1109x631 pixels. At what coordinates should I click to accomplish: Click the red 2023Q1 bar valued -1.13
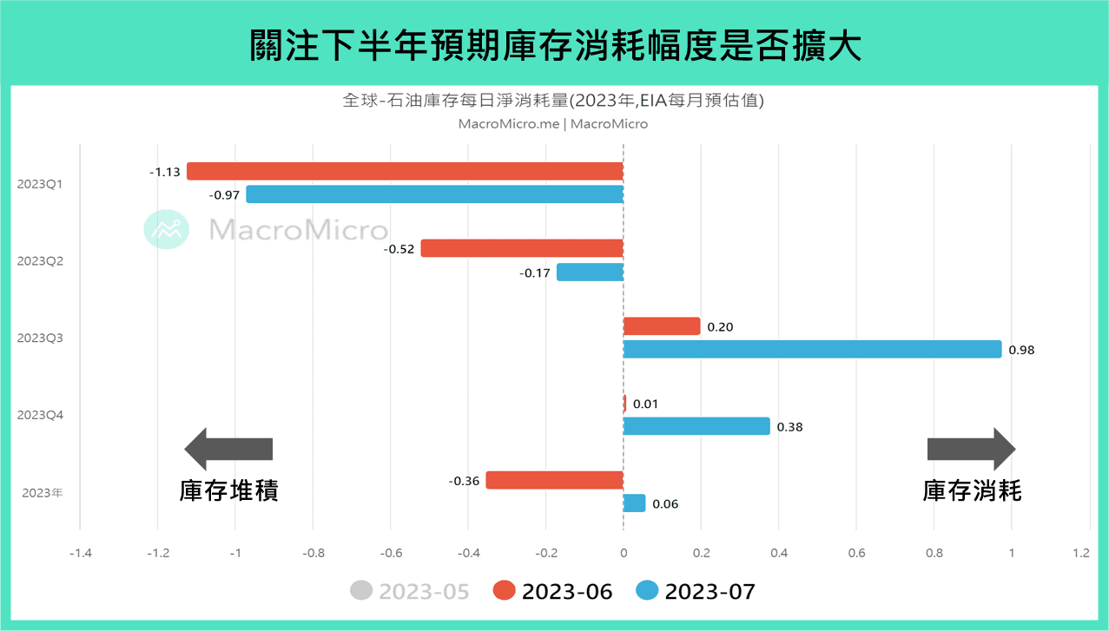coord(405,171)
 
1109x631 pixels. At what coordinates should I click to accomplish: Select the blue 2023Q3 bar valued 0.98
coord(812,350)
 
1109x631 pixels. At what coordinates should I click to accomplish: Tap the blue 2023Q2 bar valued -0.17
coord(590,273)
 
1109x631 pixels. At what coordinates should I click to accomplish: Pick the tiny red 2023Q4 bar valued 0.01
coord(624,404)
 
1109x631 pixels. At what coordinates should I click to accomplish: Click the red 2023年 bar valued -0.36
coord(554,480)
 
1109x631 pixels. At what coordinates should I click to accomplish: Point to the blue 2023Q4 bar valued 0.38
coord(696,426)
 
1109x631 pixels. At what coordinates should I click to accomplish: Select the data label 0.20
coord(720,327)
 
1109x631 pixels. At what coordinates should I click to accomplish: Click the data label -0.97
coord(224,194)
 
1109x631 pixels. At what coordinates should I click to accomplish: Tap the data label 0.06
coord(665,504)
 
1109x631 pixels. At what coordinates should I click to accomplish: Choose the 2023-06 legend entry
coord(553,592)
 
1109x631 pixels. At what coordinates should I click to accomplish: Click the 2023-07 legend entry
coord(696,592)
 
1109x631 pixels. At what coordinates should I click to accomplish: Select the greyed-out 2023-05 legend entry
coord(410,592)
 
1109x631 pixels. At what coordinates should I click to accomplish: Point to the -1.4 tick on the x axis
coord(80,552)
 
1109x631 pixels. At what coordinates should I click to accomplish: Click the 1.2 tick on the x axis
coord(1080,552)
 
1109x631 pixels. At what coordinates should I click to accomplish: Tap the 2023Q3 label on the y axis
coord(39,338)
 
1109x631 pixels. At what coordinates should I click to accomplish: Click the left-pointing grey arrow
coord(228,449)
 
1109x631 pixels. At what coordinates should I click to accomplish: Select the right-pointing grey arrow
coord(971,449)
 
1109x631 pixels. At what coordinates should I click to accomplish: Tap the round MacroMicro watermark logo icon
coord(166,229)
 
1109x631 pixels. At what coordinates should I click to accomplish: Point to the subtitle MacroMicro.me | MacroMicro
coord(553,124)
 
